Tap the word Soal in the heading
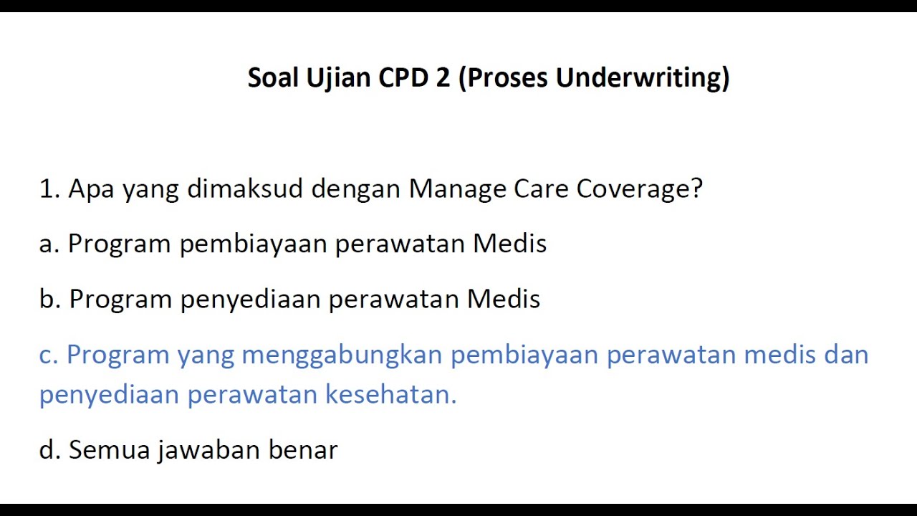click(x=273, y=77)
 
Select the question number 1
click(x=48, y=189)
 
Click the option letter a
click(x=49, y=244)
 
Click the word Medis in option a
click(x=509, y=244)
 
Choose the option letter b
click(x=49, y=299)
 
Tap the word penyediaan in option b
click(x=251, y=300)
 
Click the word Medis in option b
click(x=504, y=299)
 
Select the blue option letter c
click(x=48, y=355)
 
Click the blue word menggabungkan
click(x=342, y=355)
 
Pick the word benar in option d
click(x=303, y=450)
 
